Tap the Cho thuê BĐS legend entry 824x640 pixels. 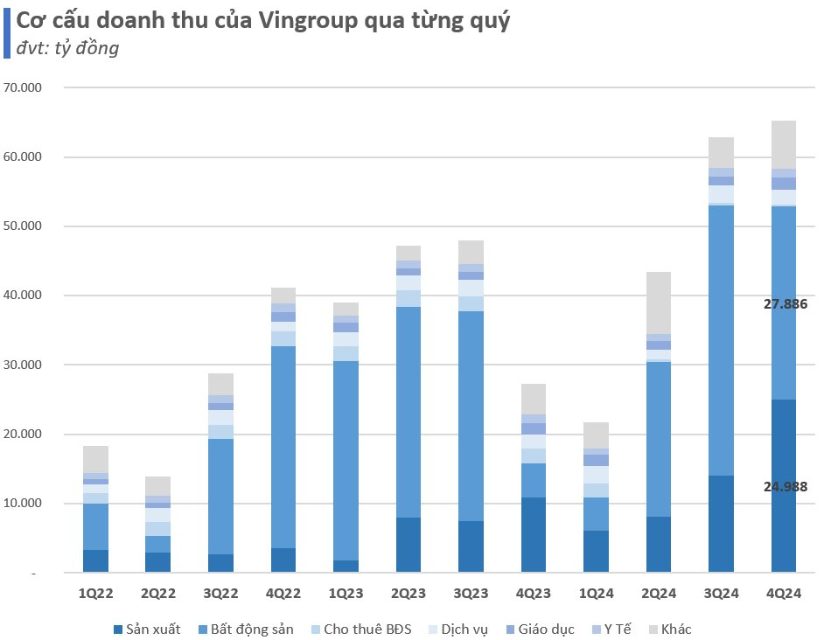367,629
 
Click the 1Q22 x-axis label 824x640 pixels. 96,593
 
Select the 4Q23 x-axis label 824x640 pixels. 534,593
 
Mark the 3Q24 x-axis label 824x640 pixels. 721,593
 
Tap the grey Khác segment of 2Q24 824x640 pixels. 659,303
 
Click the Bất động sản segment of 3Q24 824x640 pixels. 722,341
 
